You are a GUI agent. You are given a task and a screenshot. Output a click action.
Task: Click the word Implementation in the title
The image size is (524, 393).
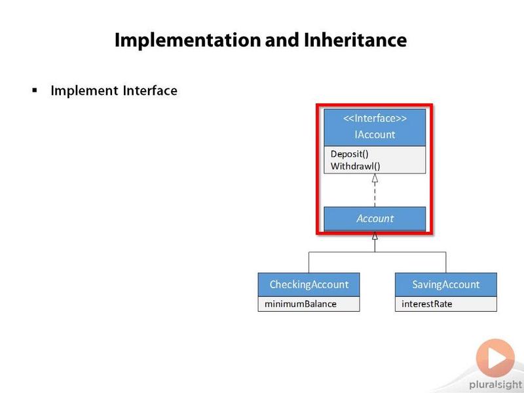click(x=187, y=41)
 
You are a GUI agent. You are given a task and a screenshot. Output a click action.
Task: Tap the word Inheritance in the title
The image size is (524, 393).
click(x=355, y=40)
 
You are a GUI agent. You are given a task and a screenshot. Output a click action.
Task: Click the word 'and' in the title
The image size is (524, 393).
click(x=282, y=40)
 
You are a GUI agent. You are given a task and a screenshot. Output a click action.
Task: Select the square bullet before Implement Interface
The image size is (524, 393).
click(x=35, y=90)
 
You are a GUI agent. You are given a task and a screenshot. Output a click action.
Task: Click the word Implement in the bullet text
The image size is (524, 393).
click(x=84, y=91)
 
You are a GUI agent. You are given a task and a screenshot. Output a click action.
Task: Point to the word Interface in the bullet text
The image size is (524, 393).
click(x=150, y=90)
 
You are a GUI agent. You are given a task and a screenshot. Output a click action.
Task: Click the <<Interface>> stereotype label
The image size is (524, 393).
click(x=375, y=119)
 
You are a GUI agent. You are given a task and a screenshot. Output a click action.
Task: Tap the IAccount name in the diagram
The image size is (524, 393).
click(x=375, y=134)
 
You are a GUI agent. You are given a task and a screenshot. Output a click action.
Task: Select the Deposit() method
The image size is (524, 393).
click(x=350, y=154)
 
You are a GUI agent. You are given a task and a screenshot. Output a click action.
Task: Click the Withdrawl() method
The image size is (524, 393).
click(x=355, y=166)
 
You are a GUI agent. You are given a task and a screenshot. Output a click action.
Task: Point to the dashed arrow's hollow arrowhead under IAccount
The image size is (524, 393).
click(x=375, y=178)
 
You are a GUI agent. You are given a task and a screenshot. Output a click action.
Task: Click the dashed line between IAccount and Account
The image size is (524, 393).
click(x=375, y=195)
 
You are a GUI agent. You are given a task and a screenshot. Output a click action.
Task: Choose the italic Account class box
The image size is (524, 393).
click(x=375, y=219)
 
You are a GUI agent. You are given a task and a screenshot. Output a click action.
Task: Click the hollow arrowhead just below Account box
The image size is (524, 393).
click(x=375, y=236)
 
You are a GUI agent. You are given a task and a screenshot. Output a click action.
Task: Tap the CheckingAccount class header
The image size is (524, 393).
click(x=309, y=284)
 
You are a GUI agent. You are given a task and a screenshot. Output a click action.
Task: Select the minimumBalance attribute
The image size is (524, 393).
click(x=301, y=304)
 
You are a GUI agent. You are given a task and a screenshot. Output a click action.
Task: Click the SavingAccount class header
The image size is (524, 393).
click(x=446, y=284)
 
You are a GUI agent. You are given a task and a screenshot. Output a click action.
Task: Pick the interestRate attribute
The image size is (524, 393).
click(x=427, y=304)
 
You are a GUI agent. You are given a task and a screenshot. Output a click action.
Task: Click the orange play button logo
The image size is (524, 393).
click(x=495, y=358)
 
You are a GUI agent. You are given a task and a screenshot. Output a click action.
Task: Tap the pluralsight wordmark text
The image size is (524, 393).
click(x=496, y=385)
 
